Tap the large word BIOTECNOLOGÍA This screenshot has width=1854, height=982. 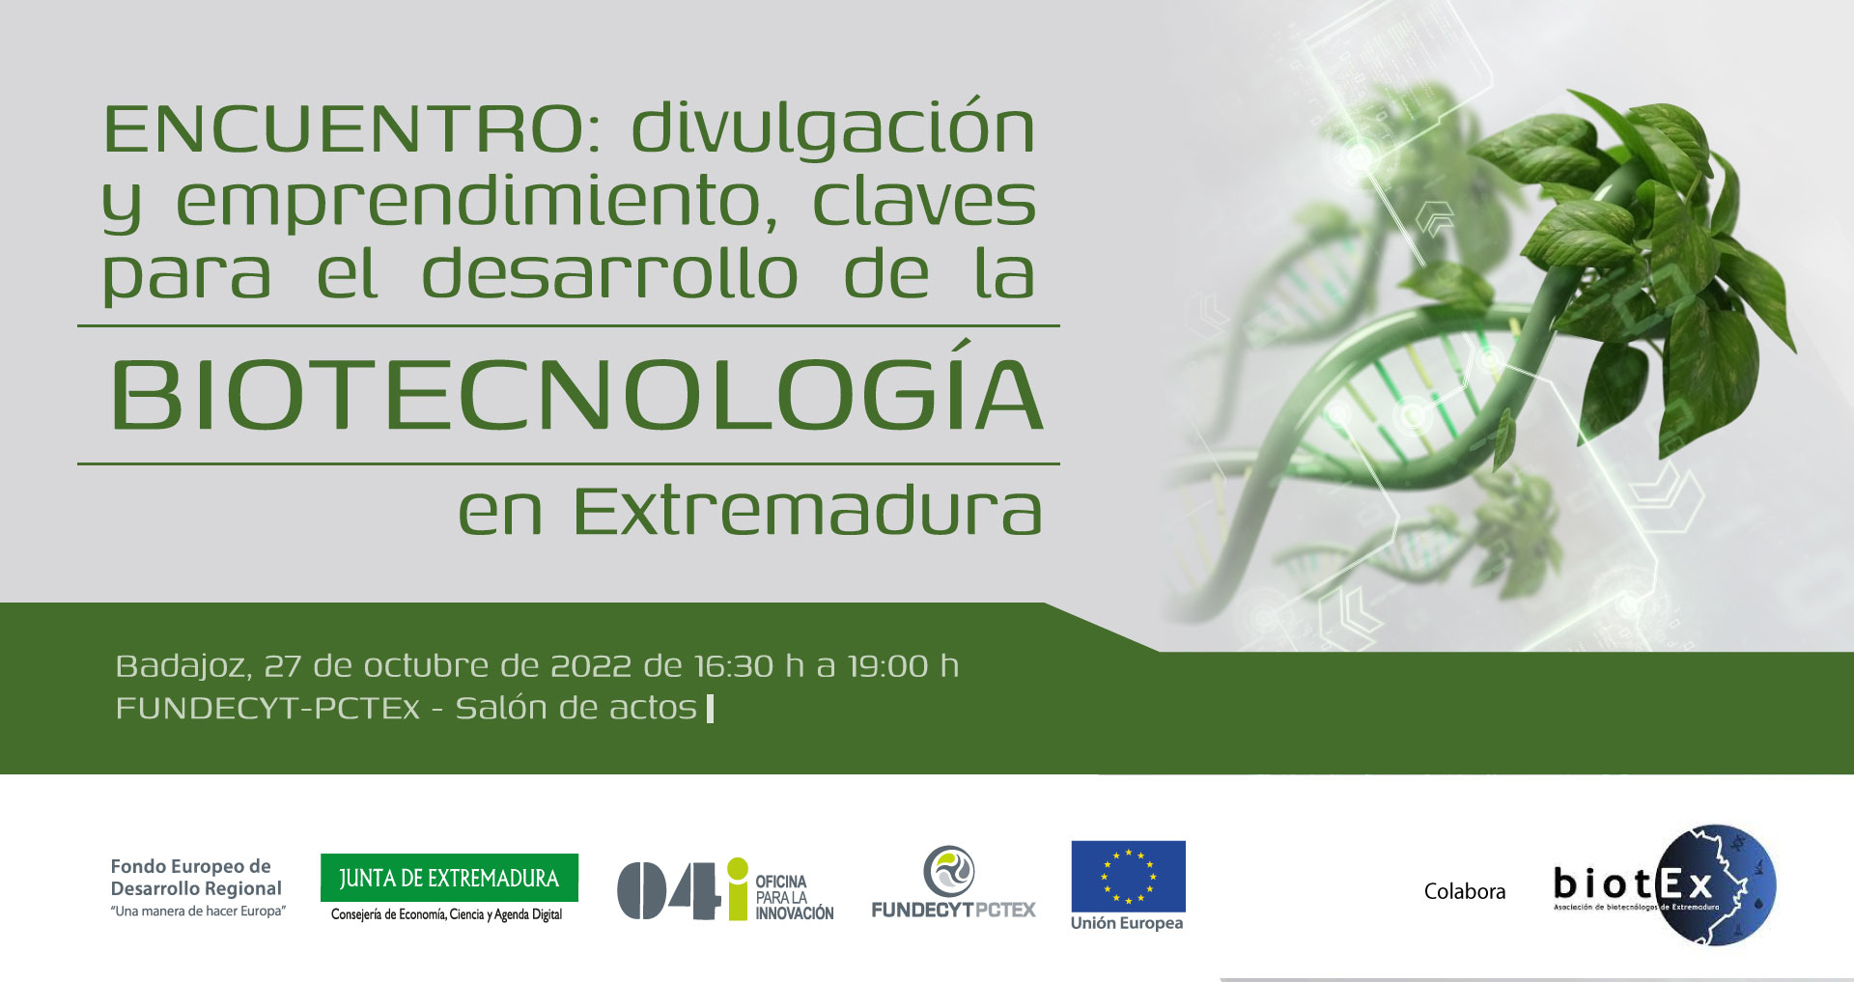(x=576, y=396)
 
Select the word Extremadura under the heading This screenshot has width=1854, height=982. (x=807, y=511)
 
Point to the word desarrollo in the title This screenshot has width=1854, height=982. (x=609, y=275)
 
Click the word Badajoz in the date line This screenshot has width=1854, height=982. (x=183, y=666)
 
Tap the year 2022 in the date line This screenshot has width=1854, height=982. (x=590, y=666)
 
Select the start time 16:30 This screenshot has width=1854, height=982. (x=734, y=666)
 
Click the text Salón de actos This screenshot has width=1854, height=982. (x=576, y=708)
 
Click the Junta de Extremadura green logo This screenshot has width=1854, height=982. (x=449, y=878)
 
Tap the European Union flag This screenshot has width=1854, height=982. (x=1128, y=876)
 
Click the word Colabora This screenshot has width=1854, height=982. (x=1464, y=891)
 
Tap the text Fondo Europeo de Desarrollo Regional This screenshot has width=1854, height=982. (x=196, y=877)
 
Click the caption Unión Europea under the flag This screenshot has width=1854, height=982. (x=1127, y=923)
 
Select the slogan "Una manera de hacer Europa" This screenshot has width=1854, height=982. (x=198, y=912)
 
